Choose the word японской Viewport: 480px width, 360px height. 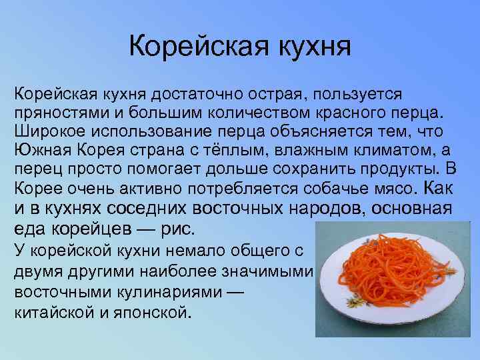click(154, 310)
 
